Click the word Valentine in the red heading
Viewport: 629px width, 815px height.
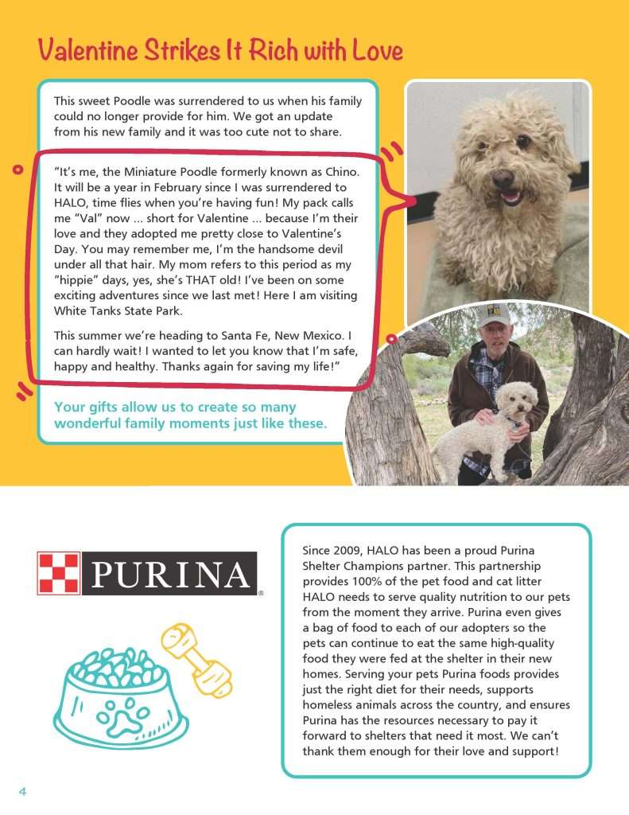coord(87,51)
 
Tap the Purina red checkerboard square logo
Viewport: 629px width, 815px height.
coord(58,573)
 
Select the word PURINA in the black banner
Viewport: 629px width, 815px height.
coord(169,574)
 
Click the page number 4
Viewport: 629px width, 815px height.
coord(23,791)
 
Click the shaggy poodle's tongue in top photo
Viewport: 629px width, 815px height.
coord(509,195)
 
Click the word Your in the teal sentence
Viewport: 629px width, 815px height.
coord(69,407)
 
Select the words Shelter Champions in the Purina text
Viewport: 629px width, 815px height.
coord(354,566)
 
